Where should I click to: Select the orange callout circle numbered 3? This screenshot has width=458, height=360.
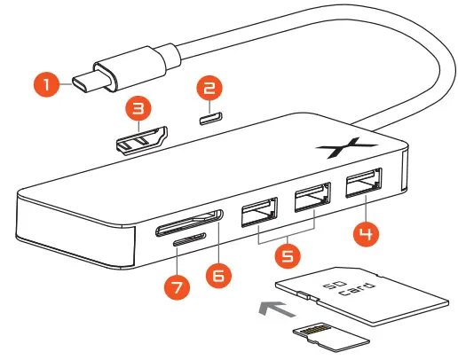click(137, 110)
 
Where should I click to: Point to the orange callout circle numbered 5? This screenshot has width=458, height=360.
click(286, 257)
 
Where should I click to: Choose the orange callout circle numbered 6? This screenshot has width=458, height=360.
click(217, 274)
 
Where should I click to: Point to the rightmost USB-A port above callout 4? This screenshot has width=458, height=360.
click(363, 187)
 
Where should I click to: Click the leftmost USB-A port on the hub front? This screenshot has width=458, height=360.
click(258, 214)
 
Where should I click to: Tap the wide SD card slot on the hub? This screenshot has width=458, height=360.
click(190, 222)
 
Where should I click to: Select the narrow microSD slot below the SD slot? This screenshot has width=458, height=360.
click(189, 239)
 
